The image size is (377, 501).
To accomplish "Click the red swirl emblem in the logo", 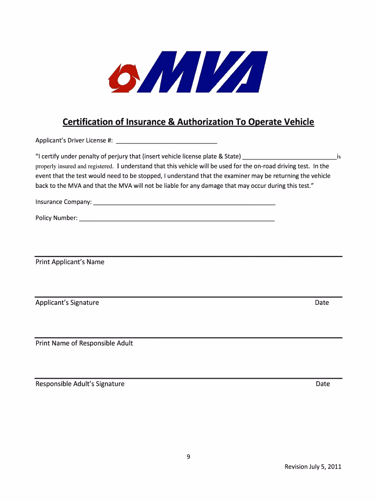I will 124,78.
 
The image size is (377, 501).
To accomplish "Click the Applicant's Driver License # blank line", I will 166,142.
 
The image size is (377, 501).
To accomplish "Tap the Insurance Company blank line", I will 184,203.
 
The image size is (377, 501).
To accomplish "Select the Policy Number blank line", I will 177,220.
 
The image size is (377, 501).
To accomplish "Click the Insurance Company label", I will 63,202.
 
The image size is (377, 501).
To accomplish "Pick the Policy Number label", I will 56,218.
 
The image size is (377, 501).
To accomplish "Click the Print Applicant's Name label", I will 70,262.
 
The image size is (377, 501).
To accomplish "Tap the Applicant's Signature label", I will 67,302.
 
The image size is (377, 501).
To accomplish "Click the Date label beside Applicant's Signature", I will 322,302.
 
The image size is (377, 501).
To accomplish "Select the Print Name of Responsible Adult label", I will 84,343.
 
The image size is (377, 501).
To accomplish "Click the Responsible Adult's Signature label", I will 80,384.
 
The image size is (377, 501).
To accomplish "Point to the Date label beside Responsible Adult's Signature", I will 323,384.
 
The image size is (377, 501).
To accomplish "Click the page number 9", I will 188,456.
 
